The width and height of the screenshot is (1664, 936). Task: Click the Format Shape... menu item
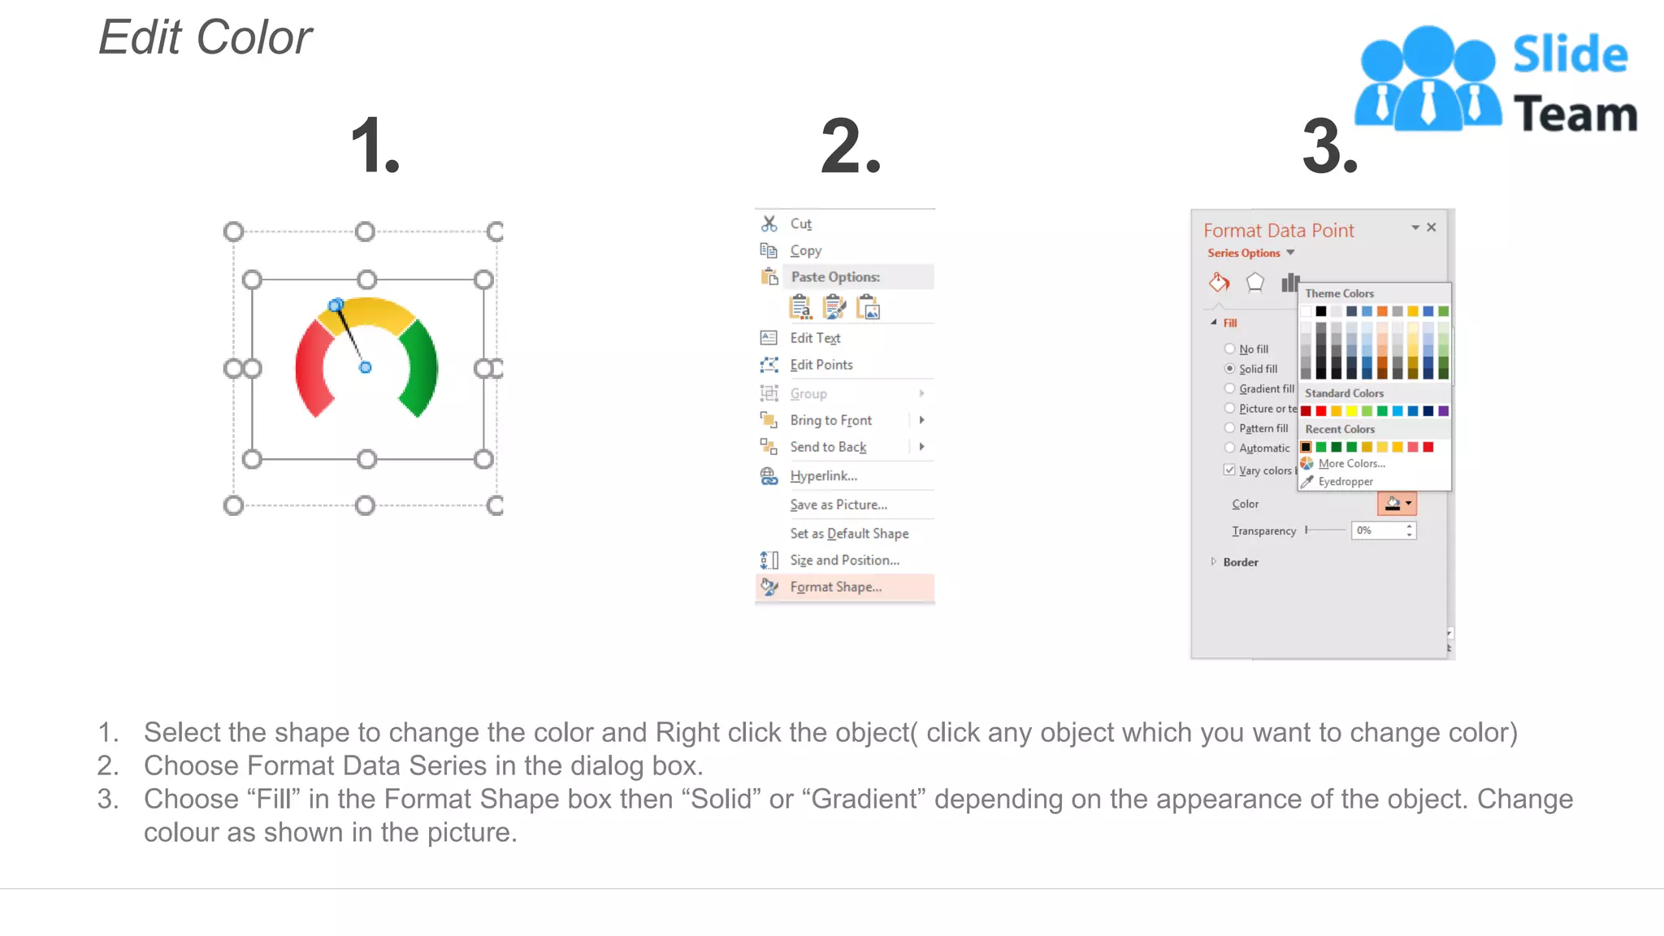coord(835,587)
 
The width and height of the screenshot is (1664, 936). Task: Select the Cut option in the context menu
coord(800,223)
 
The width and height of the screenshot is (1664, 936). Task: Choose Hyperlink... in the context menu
coord(823,476)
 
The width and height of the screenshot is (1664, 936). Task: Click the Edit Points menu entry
coord(821,365)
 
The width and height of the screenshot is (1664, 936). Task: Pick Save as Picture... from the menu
coord(838,505)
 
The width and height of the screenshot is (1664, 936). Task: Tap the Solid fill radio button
coord(1229,369)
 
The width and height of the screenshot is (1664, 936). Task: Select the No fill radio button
coord(1229,349)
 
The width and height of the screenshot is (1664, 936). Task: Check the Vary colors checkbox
coord(1229,470)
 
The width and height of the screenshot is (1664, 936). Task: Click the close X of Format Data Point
coord(1432,227)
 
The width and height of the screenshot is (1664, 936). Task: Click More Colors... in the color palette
coord(1350,463)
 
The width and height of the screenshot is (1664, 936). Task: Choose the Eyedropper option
coord(1345,481)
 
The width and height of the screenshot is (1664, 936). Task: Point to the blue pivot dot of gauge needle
coord(366,367)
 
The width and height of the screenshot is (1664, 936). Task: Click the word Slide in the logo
coord(1570,55)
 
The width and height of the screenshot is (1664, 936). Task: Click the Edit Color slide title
coord(206,37)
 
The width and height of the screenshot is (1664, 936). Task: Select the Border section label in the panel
coord(1240,562)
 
